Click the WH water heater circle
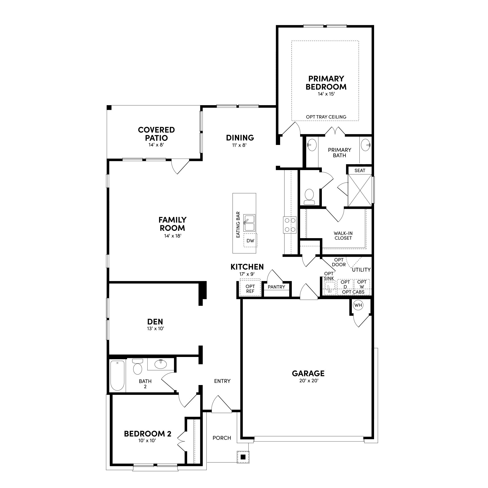coord(358,305)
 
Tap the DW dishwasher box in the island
coord(250,241)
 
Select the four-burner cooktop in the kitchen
coord(290,225)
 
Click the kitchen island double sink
coord(249,223)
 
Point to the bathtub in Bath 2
coord(117,376)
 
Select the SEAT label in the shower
coord(360,171)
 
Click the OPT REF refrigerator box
coord(250,288)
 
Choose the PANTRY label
coord(276,287)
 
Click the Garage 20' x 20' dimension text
coord(309,381)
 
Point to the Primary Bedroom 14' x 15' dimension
coord(326,94)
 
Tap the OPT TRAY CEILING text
coord(326,117)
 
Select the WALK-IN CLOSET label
coord(343,236)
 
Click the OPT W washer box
coord(362,284)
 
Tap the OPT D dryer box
coord(345,284)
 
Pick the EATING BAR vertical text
coord(238,224)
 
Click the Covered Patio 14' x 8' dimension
coord(156,145)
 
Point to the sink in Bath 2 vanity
coord(161,364)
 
